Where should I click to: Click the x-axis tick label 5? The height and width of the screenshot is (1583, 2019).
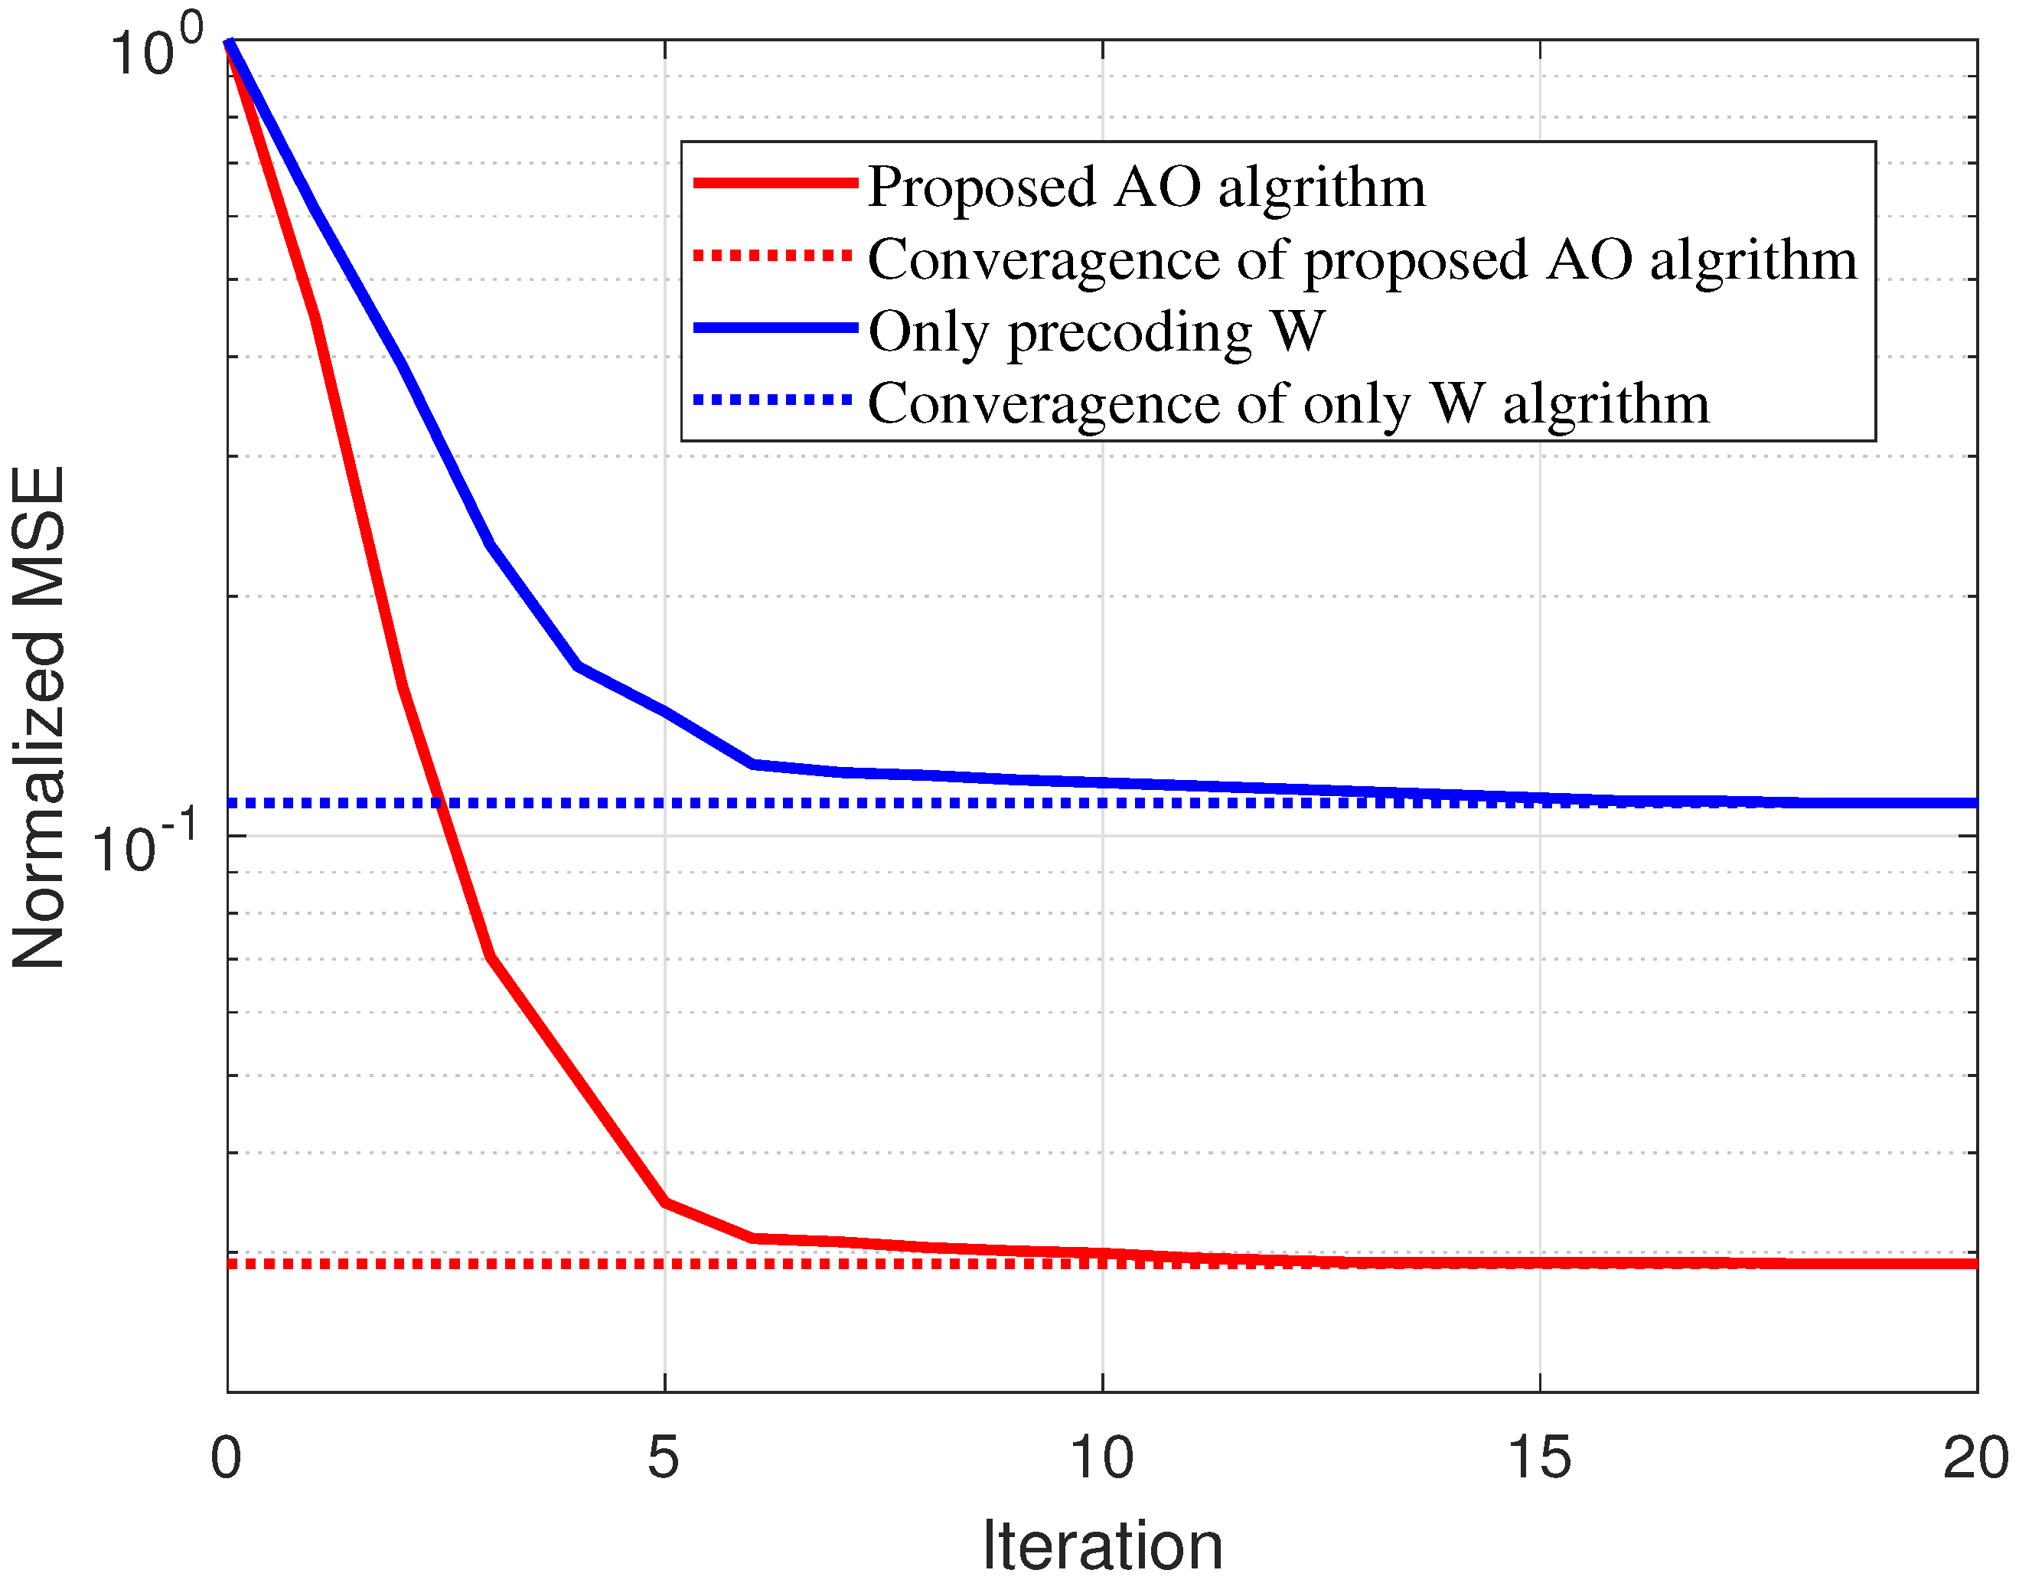[x=664, y=1459]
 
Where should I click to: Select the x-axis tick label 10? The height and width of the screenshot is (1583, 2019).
[x=1101, y=1459]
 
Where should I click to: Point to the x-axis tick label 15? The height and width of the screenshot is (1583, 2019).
[x=1539, y=1459]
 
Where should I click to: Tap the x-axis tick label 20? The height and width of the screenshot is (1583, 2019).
[x=1975, y=1459]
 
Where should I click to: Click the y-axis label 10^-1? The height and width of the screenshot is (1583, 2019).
[x=144, y=844]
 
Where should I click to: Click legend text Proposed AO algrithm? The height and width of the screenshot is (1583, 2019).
[x=1146, y=188]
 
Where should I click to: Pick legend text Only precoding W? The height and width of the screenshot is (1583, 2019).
[x=1096, y=331]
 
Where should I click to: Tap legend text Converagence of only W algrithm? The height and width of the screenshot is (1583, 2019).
[x=1288, y=404]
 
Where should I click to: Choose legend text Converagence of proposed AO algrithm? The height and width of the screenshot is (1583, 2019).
[x=1362, y=259]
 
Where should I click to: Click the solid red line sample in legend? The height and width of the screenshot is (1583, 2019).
[x=775, y=184]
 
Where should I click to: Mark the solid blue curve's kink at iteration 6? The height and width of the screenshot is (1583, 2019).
[x=753, y=765]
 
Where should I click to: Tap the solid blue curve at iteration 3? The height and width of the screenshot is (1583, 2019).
[x=489, y=544]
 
